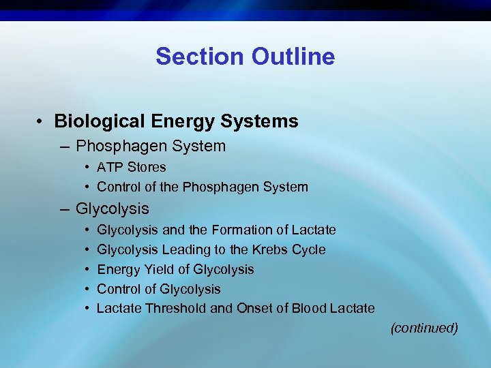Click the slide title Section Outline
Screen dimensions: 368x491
[245, 56]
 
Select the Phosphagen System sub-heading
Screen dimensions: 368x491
[150, 146]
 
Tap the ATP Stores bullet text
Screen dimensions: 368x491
[131, 167]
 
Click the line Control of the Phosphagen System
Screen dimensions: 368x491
[202, 187]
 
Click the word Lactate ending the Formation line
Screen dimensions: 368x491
[314, 230]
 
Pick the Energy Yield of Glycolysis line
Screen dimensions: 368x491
[175, 269]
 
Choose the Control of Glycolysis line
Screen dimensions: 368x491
[158, 289]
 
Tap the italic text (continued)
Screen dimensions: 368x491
[423, 328]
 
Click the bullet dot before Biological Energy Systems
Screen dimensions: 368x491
[42, 122]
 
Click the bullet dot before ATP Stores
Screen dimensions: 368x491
[88, 168]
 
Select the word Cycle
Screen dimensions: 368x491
[308, 249]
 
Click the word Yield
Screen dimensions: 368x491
[152, 269]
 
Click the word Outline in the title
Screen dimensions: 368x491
[293, 56]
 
